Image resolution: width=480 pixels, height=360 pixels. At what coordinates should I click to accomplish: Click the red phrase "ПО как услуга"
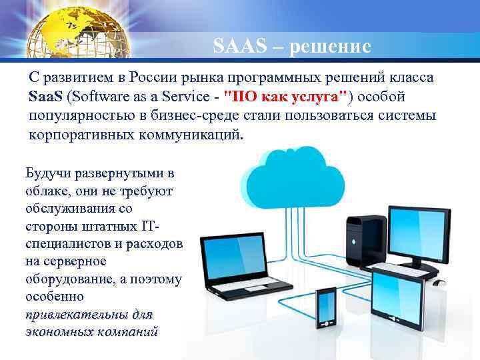pos(287,97)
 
